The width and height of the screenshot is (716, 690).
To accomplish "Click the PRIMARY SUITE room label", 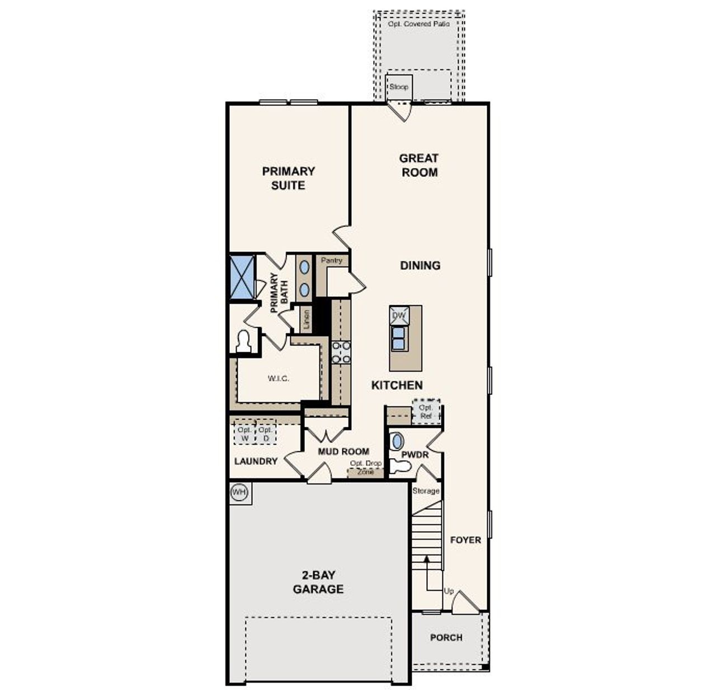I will [288, 178].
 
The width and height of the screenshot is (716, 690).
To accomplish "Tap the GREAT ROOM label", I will [418, 165].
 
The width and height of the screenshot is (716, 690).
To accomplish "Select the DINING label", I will [420, 265].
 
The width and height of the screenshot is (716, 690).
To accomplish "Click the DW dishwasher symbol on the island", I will [399, 315].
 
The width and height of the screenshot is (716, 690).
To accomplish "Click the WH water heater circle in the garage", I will [239, 493].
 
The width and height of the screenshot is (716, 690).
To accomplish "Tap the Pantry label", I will [331, 260].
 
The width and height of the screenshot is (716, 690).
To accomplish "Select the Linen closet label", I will [306, 320].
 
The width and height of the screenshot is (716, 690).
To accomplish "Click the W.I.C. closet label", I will [278, 379].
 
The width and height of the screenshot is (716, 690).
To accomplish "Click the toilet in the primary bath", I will [243, 342].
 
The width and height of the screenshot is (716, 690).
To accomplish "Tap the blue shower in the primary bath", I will [242, 277].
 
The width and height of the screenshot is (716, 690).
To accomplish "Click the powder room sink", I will [396, 441].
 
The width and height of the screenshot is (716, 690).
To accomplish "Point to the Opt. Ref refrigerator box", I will [426, 412].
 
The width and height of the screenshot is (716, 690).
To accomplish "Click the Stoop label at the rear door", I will [399, 87].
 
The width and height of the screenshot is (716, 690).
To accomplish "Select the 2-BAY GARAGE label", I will [318, 582].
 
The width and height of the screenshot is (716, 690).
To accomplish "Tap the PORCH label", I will [446, 637].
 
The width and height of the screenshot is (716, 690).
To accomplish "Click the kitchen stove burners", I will [341, 352].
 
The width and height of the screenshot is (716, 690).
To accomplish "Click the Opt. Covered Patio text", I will [418, 24].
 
